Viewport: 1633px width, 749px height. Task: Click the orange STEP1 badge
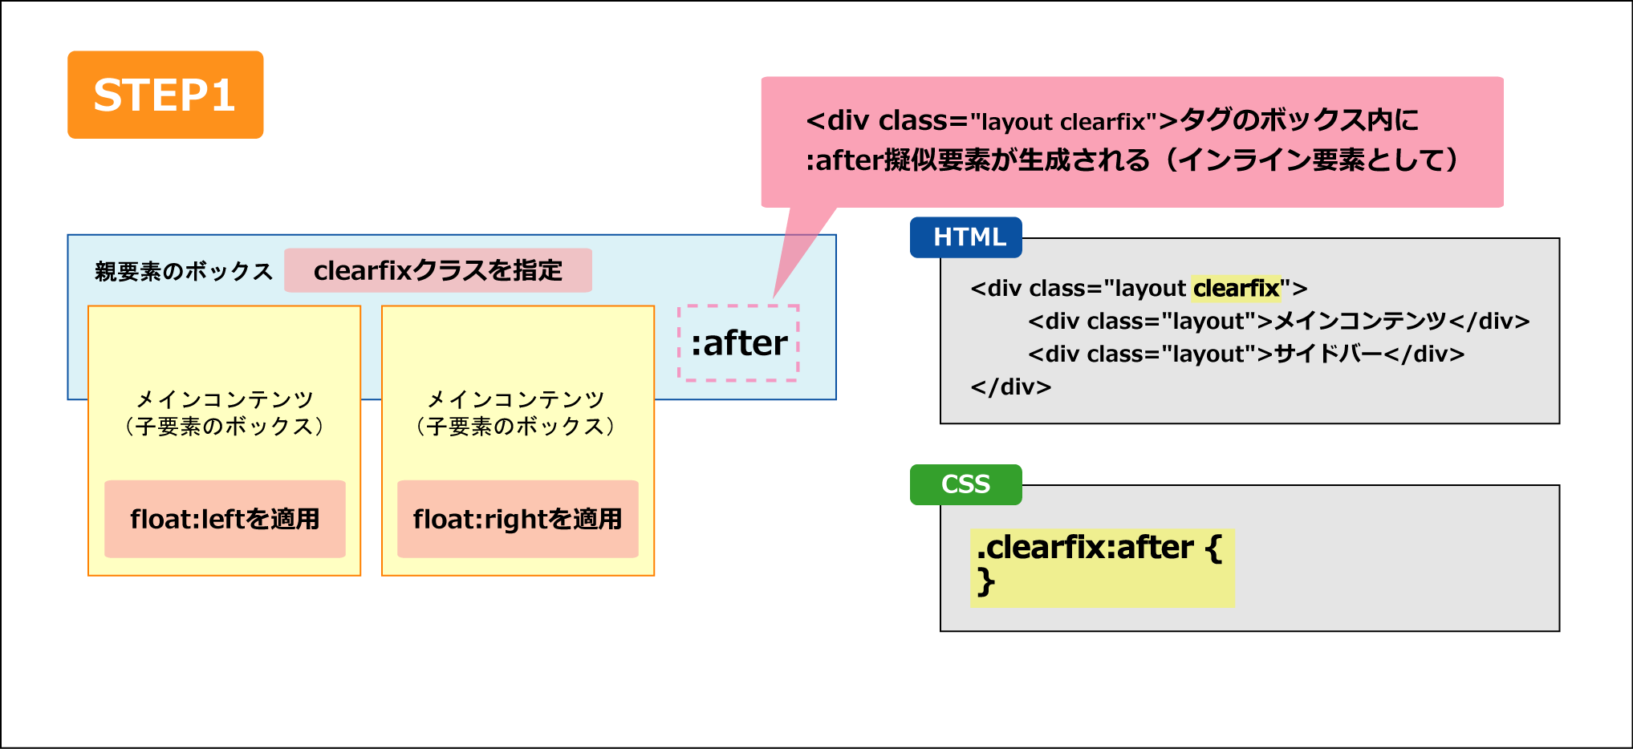point(165,95)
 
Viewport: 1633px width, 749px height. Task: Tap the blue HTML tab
point(966,237)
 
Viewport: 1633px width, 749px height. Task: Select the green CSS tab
point(966,484)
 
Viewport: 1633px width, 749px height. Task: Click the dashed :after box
point(738,343)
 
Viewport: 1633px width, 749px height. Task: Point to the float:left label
point(225,519)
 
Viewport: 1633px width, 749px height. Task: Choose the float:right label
point(518,519)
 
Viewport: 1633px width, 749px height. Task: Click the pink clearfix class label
point(438,270)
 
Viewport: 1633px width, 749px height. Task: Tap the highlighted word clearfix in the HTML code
point(1236,288)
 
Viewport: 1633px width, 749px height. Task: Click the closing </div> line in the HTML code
point(1011,387)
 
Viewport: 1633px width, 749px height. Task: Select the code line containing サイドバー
point(1246,354)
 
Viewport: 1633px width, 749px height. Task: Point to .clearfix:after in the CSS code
point(1085,548)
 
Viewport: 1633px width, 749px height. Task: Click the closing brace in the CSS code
point(986,581)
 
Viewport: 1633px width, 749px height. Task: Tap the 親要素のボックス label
point(184,272)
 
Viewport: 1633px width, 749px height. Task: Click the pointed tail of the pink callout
point(774,298)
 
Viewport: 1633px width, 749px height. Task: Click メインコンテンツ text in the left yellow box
point(225,399)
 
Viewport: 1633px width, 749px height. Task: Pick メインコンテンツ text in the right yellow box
point(516,399)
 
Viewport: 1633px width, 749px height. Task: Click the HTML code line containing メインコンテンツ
point(1279,321)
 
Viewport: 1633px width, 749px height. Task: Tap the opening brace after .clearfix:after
point(1213,549)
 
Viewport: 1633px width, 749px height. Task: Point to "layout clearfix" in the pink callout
point(1062,122)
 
